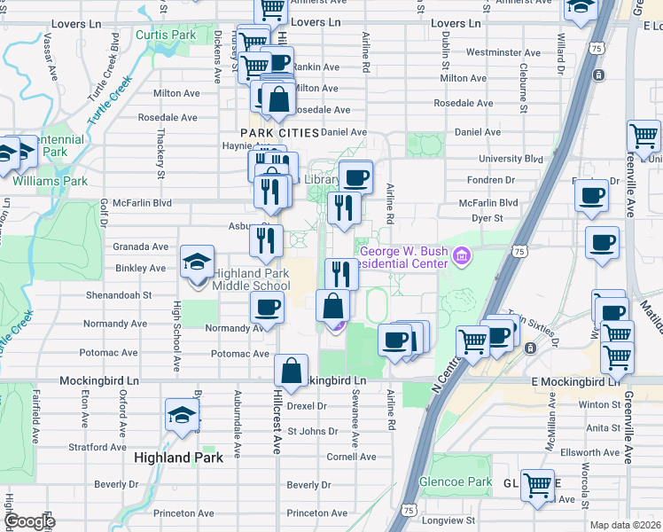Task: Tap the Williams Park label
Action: [50, 181]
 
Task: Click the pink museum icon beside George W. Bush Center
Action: [460, 257]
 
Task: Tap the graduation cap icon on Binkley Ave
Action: [197, 262]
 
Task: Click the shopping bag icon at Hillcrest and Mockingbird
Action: [291, 372]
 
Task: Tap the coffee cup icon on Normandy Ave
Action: [267, 309]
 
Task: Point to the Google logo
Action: [29, 521]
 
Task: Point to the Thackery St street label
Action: [160, 154]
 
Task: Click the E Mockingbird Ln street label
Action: [572, 381]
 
